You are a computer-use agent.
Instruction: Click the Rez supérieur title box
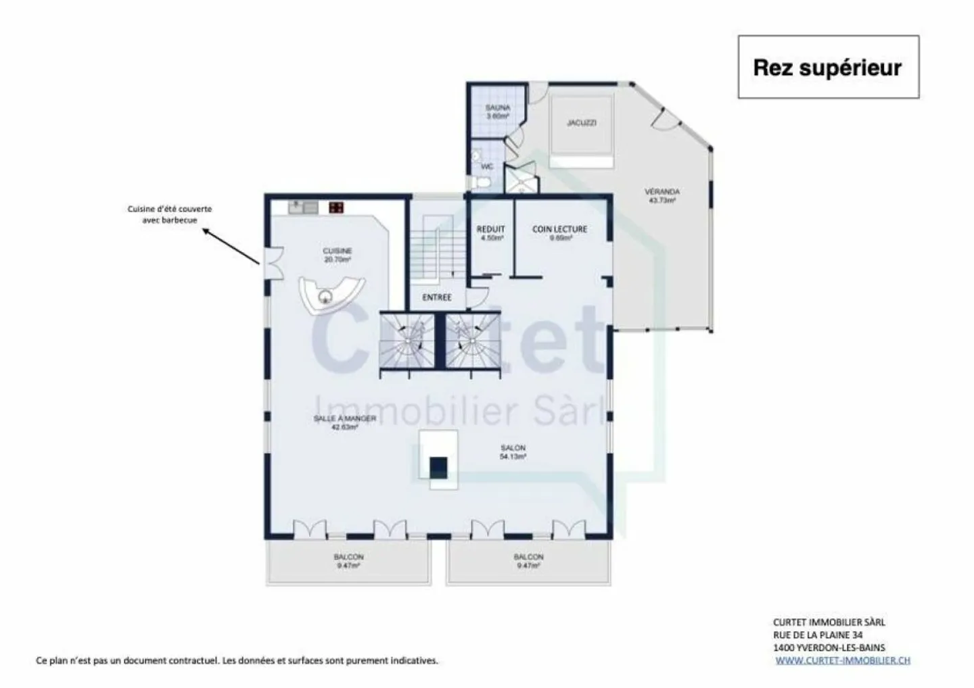point(827,68)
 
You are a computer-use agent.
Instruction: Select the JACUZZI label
point(581,123)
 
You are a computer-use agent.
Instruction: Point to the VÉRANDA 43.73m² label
point(662,196)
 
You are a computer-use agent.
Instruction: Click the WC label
point(487,166)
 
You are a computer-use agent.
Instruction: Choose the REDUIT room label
point(490,232)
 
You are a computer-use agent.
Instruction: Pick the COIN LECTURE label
point(559,232)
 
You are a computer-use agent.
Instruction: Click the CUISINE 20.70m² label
point(337,255)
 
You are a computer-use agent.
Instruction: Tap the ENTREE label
point(436,297)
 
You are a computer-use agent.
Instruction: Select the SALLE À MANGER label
point(344,422)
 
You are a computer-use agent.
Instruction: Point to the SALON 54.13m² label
point(513,451)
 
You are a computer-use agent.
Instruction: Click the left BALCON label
point(348,560)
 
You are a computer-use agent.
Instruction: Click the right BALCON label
point(528,560)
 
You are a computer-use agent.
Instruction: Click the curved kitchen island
point(331,296)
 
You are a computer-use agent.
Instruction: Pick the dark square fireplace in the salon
point(438,466)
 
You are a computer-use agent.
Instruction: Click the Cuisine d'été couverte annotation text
point(170,214)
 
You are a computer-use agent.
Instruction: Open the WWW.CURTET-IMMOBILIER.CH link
point(842,660)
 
